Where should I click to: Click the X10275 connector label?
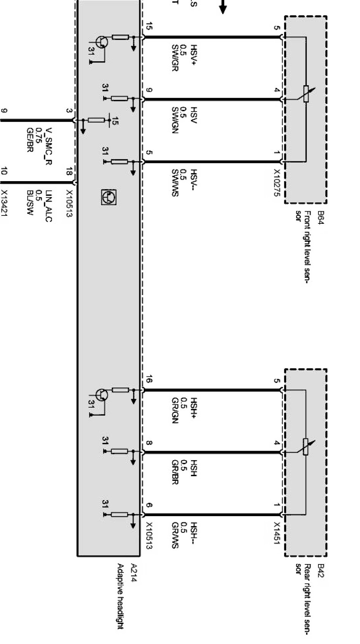point(277,183)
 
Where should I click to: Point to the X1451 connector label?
point(277,533)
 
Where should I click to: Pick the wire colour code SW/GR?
point(175,58)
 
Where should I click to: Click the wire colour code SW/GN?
point(175,120)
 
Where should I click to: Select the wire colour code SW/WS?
point(175,183)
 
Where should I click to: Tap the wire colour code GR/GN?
point(175,411)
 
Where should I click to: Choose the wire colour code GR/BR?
point(175,473)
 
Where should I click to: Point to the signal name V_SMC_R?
point(48,146)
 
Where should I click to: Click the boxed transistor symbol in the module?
point(109,197)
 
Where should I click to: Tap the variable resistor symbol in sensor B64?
point(306,94)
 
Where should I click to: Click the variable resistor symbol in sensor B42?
point(306,446)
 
